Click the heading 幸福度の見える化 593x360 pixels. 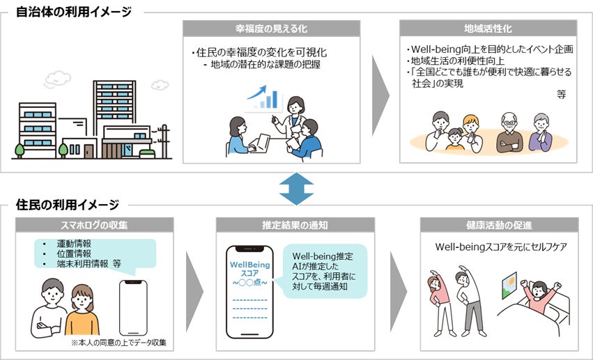coord(271,29)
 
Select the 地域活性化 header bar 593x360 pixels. coord(488,29)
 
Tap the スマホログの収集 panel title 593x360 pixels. coord(95,226)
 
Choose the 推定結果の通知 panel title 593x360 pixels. coord(295,226)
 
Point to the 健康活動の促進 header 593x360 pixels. coord(499,226)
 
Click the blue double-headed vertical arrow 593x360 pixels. coord(296,189)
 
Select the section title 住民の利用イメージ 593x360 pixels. coord(67,205)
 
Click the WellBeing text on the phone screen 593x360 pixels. coord(249,265)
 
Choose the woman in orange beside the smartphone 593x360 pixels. coord(82,310)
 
